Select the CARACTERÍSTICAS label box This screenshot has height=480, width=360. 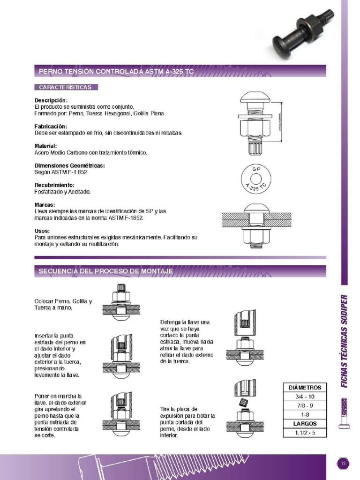tap(66, 87)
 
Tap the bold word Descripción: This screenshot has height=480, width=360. tap(51, 100)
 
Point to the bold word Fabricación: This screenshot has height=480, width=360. tap(51, 127)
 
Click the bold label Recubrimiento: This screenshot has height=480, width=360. tap(54, 185)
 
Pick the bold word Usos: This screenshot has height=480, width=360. tap(43, 231)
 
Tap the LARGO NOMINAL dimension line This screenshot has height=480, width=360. tap(282, 121)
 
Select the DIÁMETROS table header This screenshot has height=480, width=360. tap(305, 388)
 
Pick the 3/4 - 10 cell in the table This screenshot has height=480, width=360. tap(305, 397)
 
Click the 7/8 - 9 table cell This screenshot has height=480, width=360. tap(305, 405)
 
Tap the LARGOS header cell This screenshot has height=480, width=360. tap(305, 423)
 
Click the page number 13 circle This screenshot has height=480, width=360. tap(343, 464)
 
